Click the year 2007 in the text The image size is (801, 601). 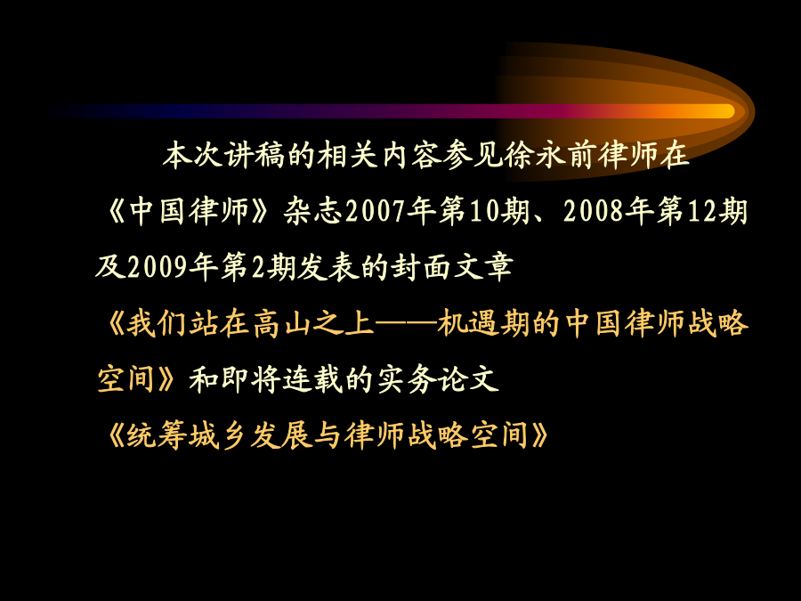[376, 211]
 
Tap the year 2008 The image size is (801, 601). [593, 211]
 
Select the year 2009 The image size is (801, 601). [158, 267]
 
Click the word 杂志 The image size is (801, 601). [314, 211]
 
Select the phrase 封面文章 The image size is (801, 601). [452, 267]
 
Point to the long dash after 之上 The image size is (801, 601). [406, 323]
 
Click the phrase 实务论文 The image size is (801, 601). [438, 379]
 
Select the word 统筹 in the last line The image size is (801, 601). [157, 435]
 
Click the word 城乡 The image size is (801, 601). [219, 435]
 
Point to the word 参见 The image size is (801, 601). [473, 155]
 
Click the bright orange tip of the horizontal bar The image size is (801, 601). [726, 111]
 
